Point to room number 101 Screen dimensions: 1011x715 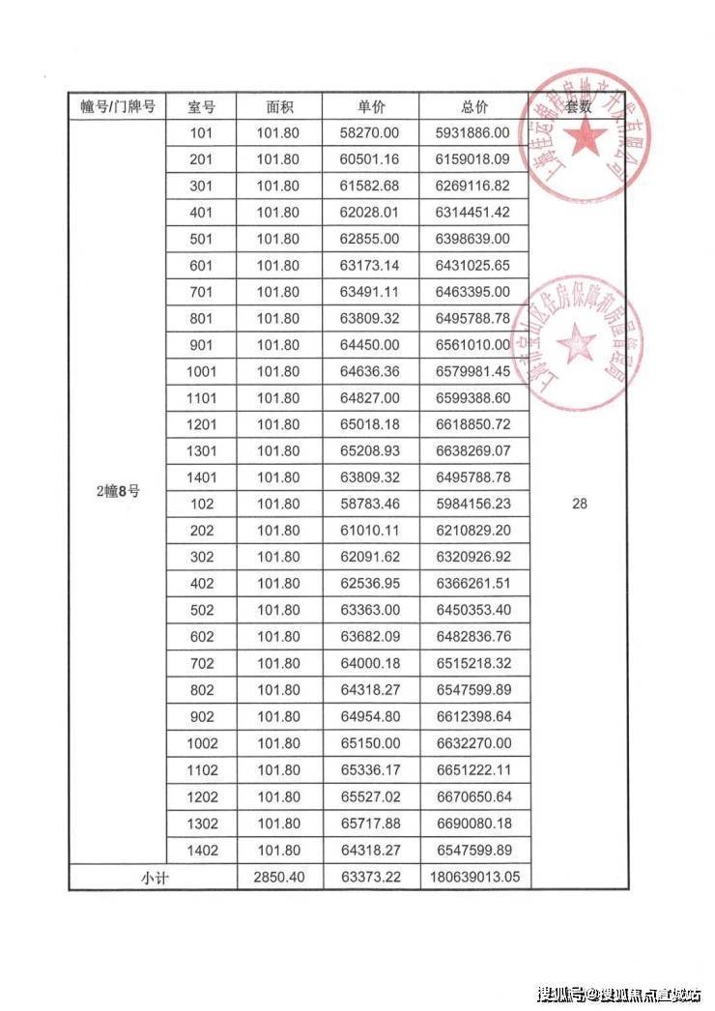click(202, 133)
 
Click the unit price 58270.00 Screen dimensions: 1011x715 click(371, 133)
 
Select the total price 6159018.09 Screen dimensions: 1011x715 click(473, 159)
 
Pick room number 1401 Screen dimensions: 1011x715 click(202, 477)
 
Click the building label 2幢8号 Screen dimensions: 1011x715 click(117, 491)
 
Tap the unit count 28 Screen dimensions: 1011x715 click(579, 504)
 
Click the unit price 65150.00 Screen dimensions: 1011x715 click(371, 744)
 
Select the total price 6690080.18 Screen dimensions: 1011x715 click(473, 823)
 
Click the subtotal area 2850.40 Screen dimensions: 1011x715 click(279, 877)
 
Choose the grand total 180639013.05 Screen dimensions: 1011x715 click(473, 877)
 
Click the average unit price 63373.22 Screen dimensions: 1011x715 click(371, 877)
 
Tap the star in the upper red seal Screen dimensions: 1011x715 click(582, 140)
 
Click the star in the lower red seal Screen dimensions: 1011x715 click(577, 343)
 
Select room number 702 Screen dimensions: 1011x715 click(202, 664)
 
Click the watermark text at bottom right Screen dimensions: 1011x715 click(618, 993)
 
